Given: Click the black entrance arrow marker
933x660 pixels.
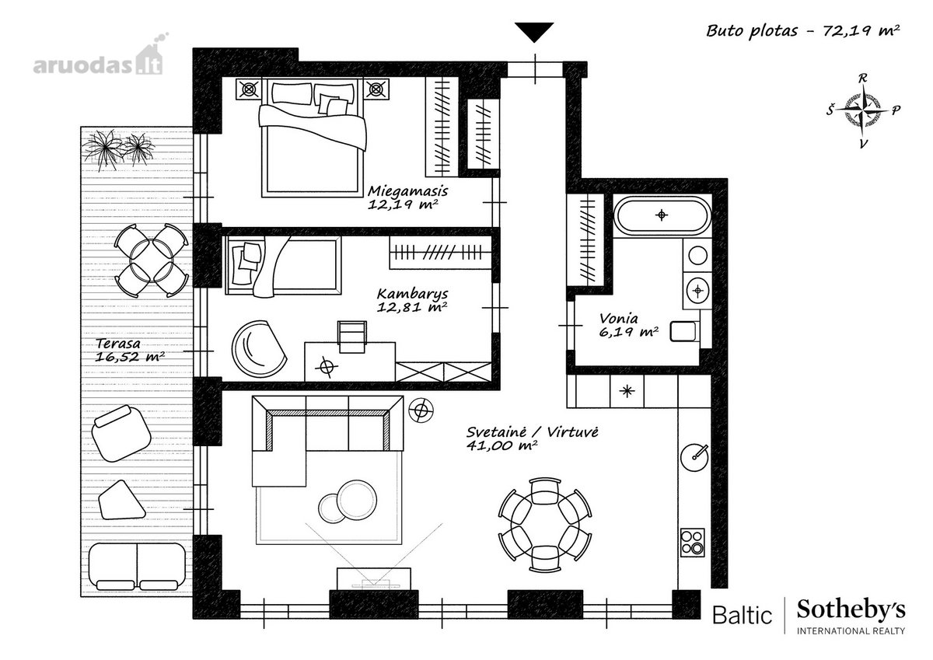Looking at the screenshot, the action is click(x=534, y=32).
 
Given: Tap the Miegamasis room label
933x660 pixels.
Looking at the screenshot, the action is click(x=407, y=197).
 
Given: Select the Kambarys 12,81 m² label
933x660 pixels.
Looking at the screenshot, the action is click(x=412, y=300).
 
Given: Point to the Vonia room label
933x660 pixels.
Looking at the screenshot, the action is click(x=628, y=325).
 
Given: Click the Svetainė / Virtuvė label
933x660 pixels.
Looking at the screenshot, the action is click(x=533, y=438).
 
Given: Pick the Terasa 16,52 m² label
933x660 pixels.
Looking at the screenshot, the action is click(x=130, y=350).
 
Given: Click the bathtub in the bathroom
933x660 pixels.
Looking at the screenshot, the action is click(x=662, y=215).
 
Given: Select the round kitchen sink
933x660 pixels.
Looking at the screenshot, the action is click(x=694, y=457).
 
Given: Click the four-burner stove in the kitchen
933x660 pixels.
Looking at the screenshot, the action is click(x=693, y=543).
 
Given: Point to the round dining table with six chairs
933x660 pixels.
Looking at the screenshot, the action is click(x=545, y=525).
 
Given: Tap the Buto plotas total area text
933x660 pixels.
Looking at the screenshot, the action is click(x=803, y=31).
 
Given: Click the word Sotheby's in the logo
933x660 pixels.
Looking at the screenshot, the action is click(x=851, y=610).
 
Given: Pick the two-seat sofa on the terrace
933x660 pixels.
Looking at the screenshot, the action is click(x=137, y=566).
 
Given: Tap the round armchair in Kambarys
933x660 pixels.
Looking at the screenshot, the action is click(x=259, y=349).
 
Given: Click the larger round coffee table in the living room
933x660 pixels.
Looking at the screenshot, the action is click(x=357, y=499).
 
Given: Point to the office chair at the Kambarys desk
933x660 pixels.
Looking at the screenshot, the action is click(x=352, y=337).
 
